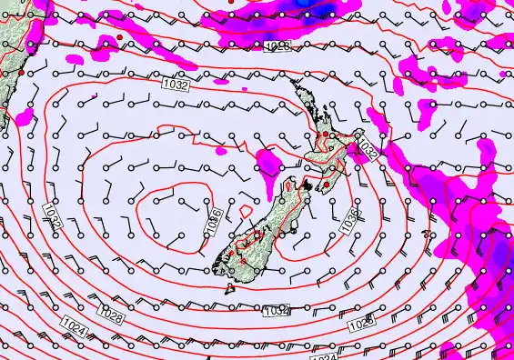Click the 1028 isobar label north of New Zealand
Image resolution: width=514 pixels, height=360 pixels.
point(277,45)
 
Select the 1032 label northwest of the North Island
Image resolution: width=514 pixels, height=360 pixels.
point(176,84)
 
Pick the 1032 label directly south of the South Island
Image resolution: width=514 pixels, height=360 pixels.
point(276,311)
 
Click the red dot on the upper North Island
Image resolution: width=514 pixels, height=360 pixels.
point(326,135)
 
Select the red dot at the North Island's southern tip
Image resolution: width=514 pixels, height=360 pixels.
point(326,185)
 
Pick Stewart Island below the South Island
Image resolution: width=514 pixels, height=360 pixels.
point(230,288)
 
